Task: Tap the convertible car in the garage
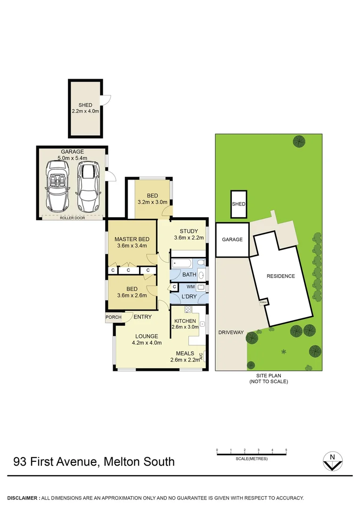point(58,187)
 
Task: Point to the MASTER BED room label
point(131,238)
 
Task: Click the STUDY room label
point(189,231)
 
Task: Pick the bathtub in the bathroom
point(182,263)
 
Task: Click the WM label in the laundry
point(190,287)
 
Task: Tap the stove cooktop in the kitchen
point(188,310)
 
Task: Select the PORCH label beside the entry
point(113,317)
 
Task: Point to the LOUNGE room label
point(147,336)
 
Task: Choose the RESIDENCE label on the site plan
point(280,276)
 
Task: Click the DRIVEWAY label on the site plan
point(231,332)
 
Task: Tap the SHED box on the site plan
point(238,204)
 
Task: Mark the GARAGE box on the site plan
point(232,239)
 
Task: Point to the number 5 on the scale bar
point(286,451)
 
